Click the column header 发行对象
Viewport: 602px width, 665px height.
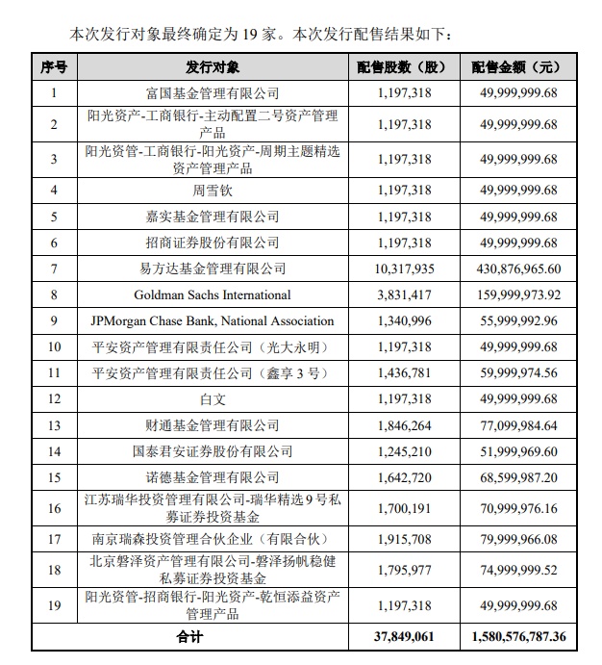[213, 67]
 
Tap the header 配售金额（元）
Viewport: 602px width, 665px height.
[516, 67]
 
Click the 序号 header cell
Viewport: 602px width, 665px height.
[54, 67]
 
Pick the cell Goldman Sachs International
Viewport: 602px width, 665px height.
[213, 294]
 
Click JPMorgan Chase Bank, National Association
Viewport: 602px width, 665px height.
[213, 320]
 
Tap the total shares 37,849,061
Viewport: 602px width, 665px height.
[398, 636]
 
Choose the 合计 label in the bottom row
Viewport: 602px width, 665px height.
[190, 636]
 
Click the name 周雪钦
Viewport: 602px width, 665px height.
[213, 191]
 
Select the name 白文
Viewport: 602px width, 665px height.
[213, 398]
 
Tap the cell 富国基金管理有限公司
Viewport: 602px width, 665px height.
[213, 93]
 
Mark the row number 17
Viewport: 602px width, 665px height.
[54, 538]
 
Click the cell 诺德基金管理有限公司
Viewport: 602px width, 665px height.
[213, 476]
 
